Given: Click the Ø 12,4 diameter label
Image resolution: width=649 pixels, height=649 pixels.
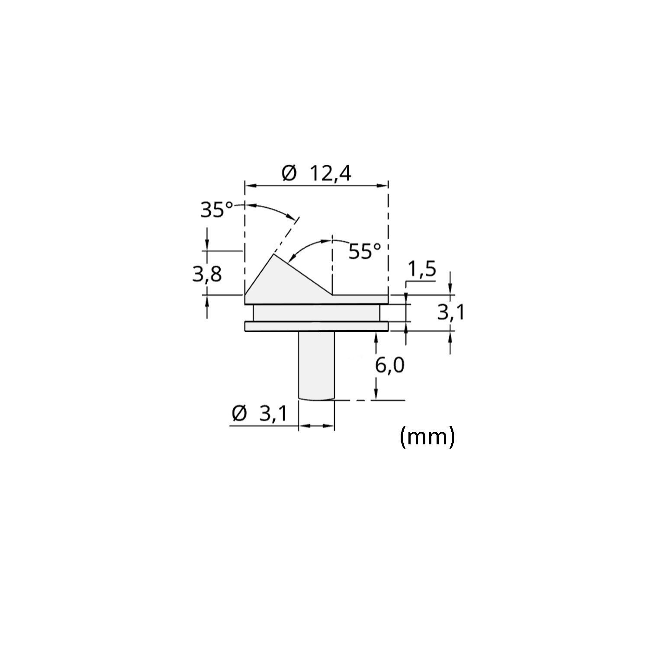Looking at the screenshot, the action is (316, 174).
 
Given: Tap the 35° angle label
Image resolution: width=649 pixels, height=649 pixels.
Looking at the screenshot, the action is (218, 210).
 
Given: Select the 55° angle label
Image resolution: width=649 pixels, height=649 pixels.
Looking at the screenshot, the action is (366, 251).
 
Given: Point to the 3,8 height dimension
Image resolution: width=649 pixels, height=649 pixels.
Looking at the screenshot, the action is (207, 274).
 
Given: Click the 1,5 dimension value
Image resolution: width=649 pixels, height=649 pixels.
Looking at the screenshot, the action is (421, 270).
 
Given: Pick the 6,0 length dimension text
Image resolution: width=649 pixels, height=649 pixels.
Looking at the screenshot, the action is (390, 366).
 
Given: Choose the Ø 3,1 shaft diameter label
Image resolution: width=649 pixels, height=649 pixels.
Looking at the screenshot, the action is (260, 414).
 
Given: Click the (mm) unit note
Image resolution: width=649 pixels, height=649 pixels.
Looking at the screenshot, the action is (427, 437).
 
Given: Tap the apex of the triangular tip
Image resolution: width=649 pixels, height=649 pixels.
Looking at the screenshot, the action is (274, 254).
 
